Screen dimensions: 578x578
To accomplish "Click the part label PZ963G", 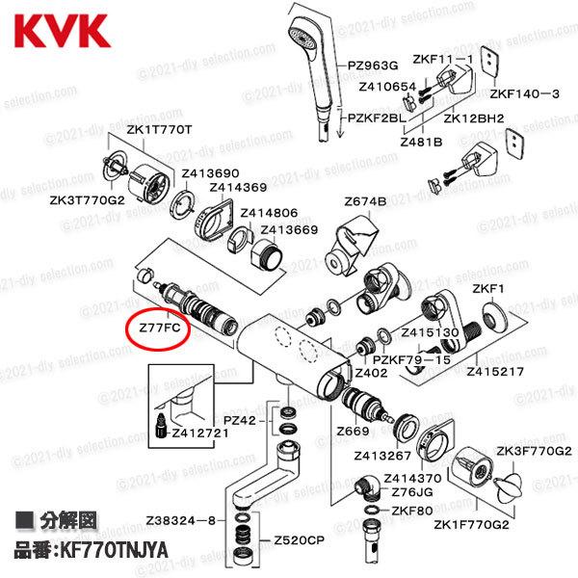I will (x=375, y=66).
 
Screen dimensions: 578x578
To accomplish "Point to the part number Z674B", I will (x=365, y=201).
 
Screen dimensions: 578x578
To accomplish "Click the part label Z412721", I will (x=200, y=433).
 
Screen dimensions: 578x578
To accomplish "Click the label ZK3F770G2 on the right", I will (x=533, y=450).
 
